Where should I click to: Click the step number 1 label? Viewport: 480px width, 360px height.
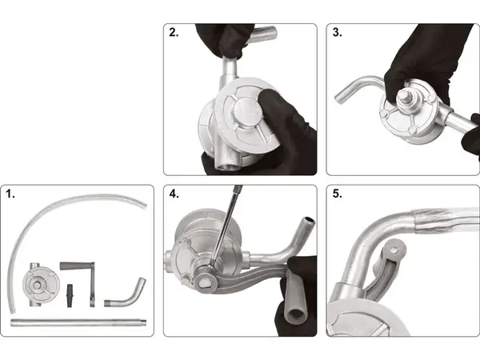[x=10, y=194]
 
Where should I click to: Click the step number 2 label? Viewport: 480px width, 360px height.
[x=174, y=32]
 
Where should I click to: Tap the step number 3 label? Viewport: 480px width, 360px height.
[x=337, y=32]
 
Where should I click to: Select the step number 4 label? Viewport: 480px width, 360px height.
[x=174, y=194]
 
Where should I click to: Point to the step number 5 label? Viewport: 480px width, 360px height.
[x=337, y=194]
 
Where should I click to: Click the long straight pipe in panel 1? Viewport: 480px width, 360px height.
[x=78, y=322]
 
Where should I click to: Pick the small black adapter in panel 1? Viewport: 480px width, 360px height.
[x=70, y=296]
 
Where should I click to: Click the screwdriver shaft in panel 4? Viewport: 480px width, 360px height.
[x=226, y=226]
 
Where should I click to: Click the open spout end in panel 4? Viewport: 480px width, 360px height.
[x=308, y=220]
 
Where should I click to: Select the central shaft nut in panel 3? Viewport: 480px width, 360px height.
[x=404, y=97]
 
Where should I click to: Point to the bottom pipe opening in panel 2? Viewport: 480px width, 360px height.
[x=226, y=167]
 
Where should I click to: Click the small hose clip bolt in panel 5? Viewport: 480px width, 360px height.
[x=396, y=250]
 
